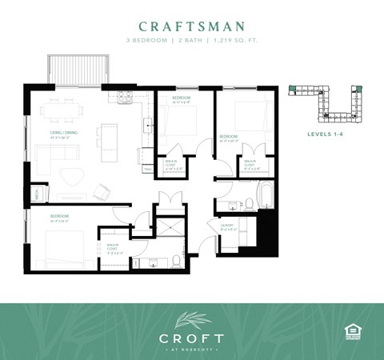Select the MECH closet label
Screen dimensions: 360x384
click(37, 193)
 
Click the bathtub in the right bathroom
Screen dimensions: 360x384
click(266, 194)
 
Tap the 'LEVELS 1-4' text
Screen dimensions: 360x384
click(326, 134)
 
